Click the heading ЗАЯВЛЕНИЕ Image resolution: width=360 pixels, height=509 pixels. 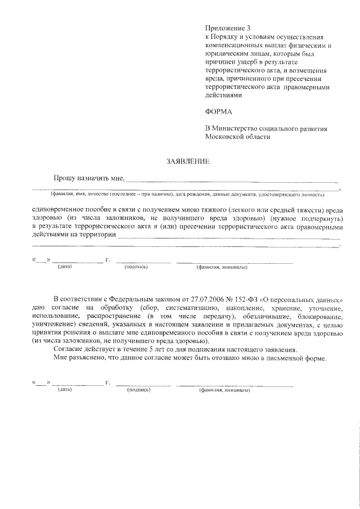click(x=187, y=161)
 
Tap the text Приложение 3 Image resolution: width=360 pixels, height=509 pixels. click(x=226, y=28)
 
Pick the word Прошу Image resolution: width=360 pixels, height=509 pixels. click(x=66, y=178)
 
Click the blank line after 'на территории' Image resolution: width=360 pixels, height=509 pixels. click(x=225, y=237)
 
